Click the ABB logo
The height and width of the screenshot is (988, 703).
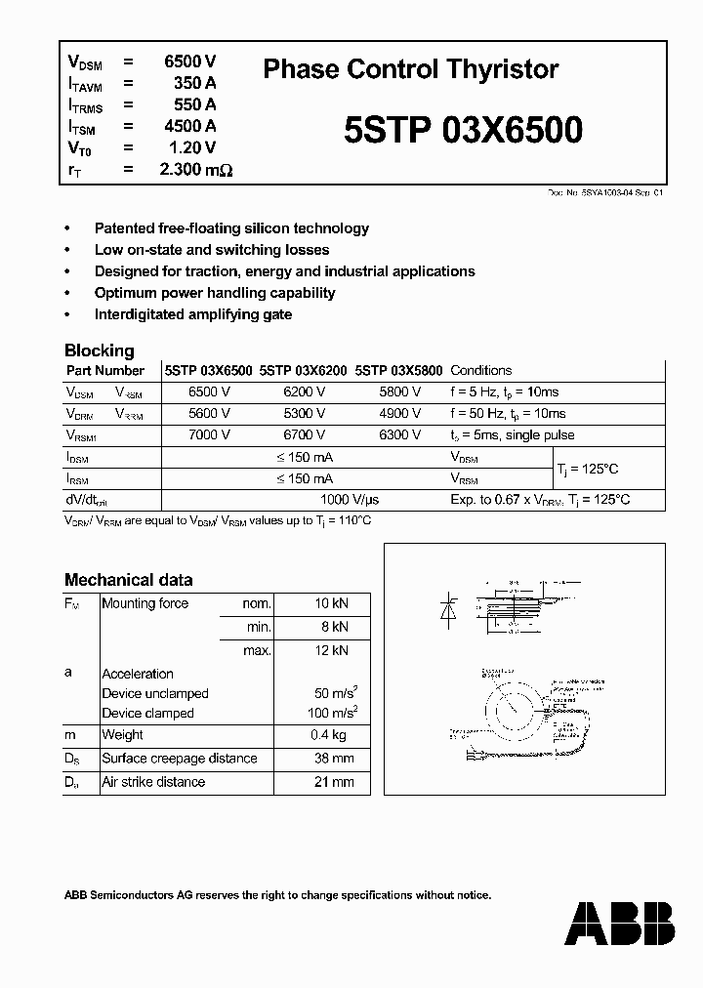619,922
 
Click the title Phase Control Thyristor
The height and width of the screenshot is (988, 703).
411,69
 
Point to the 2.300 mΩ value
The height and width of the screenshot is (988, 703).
195,169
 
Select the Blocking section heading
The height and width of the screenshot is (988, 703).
99,350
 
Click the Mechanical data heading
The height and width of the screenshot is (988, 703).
128,579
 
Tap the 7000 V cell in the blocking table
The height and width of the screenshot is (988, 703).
209,435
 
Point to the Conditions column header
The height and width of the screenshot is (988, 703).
480,371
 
